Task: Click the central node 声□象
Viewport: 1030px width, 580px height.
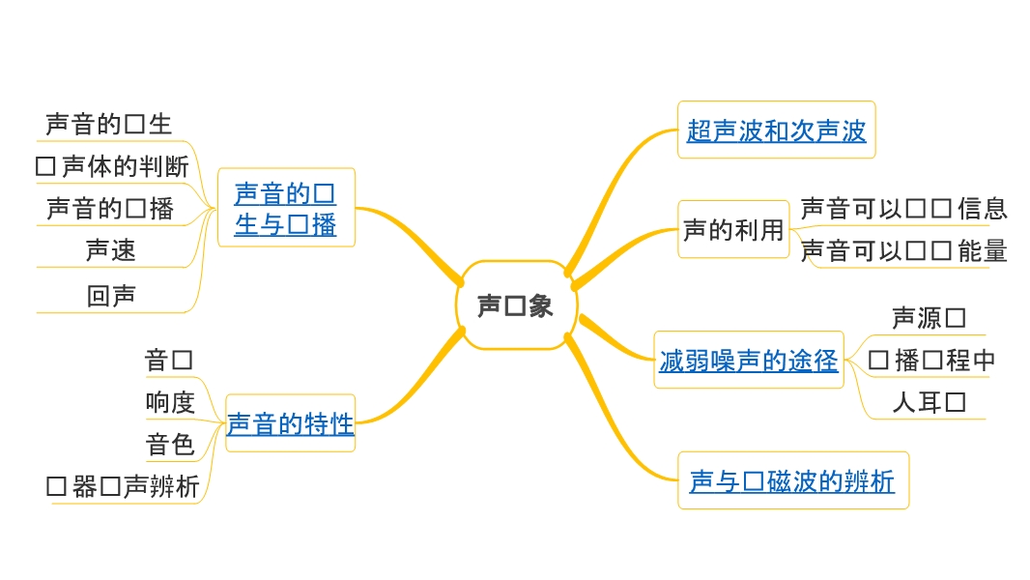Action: (x=516, y=305)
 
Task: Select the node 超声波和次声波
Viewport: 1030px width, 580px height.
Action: (x=776, y=130)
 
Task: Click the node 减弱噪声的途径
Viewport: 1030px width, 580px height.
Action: (x=748, y=361)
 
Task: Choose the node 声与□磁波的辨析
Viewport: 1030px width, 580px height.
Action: (x=792, y=480)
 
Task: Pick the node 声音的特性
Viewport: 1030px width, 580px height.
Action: (x=290, y=422)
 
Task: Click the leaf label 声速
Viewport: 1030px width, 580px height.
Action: (x=111, y=250)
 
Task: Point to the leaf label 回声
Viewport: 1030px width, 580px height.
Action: (x=111, y=296)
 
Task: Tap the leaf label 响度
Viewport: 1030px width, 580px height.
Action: (x=170, y=402)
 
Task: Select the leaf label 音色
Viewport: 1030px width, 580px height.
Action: (x=170, y=445)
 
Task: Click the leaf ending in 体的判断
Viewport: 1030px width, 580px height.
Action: (x=112, y=166)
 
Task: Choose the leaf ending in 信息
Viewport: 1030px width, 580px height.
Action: (x=903, y=208)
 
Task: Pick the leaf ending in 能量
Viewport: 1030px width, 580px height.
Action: (x=903, y=251)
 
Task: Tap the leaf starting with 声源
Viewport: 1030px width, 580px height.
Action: (x=928, y=317)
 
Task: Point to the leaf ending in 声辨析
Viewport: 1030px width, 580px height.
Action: (x=123, y=486)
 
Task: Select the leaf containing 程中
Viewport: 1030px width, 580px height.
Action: (x=931, y=361)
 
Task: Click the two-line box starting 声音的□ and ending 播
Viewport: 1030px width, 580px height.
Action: (x=286, y=208)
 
